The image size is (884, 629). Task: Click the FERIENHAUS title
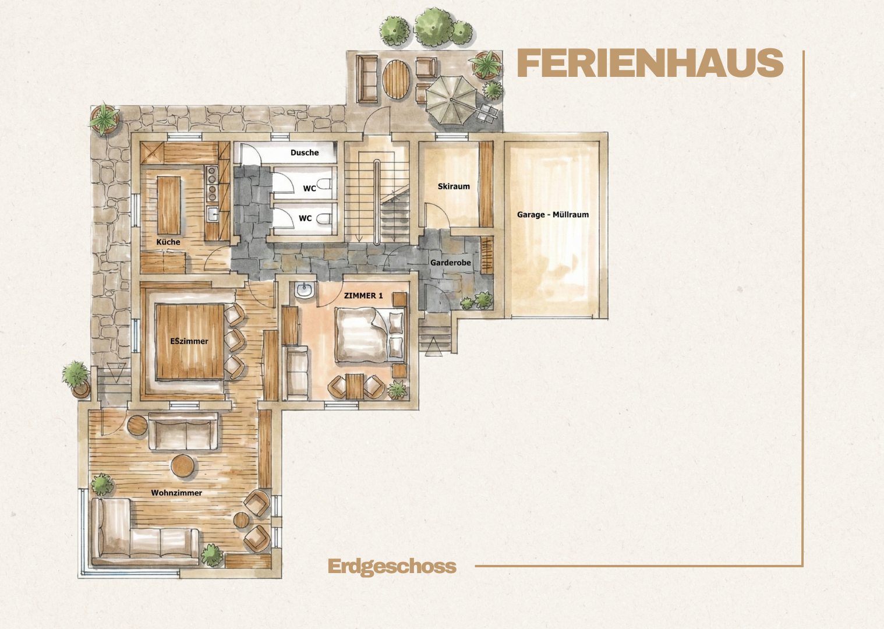point(650,63)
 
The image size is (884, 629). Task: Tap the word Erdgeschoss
point(392,567)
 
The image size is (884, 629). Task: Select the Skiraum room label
point(454,186)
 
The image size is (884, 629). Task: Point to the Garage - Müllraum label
point(553,215)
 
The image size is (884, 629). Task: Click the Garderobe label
point(451,263)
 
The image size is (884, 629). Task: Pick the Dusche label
point(305,153)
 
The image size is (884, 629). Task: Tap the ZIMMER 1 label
point(363,295)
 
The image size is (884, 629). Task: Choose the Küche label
point(168,242)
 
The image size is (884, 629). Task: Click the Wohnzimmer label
point(176,493)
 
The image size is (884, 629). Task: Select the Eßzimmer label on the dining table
point(189,341)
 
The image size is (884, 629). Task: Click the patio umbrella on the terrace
point(451,100)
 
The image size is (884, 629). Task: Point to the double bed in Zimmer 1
point(370,335)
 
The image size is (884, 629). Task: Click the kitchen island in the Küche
point(169,206)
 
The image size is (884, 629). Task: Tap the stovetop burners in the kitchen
point(212,184)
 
